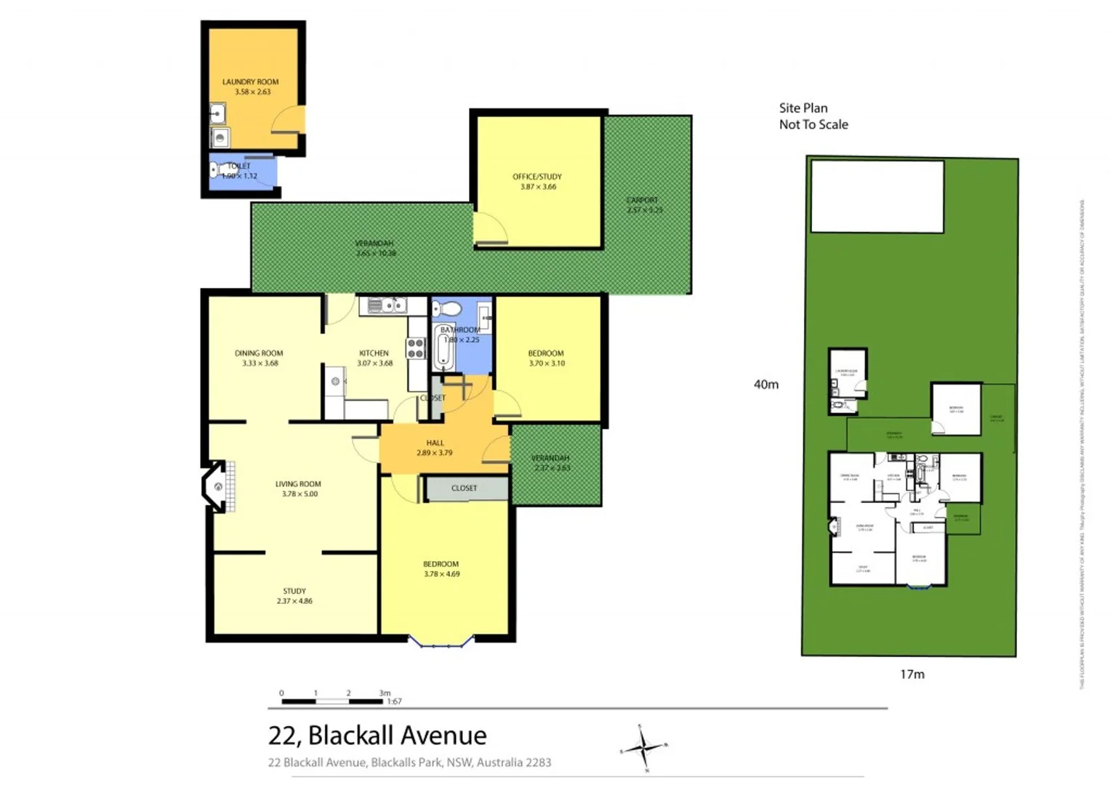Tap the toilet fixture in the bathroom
[x=450, y=310]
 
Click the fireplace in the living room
[x=217, y=486]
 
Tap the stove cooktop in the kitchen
[x=416, y=348]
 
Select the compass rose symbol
[x=643, y=746]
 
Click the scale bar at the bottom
[x=332, y=701]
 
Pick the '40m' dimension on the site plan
[x=766, y=385]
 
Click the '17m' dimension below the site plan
[x=912, y=675]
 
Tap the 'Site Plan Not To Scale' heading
[x=813, y=116]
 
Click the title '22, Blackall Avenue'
[x=377, y=736]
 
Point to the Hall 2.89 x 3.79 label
[x=435, y=448]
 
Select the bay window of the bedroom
[x=441, y=640]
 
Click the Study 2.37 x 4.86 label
[x=294, y=596]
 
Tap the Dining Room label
[x=259, y=358]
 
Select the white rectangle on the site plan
[x=877, y=196]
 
